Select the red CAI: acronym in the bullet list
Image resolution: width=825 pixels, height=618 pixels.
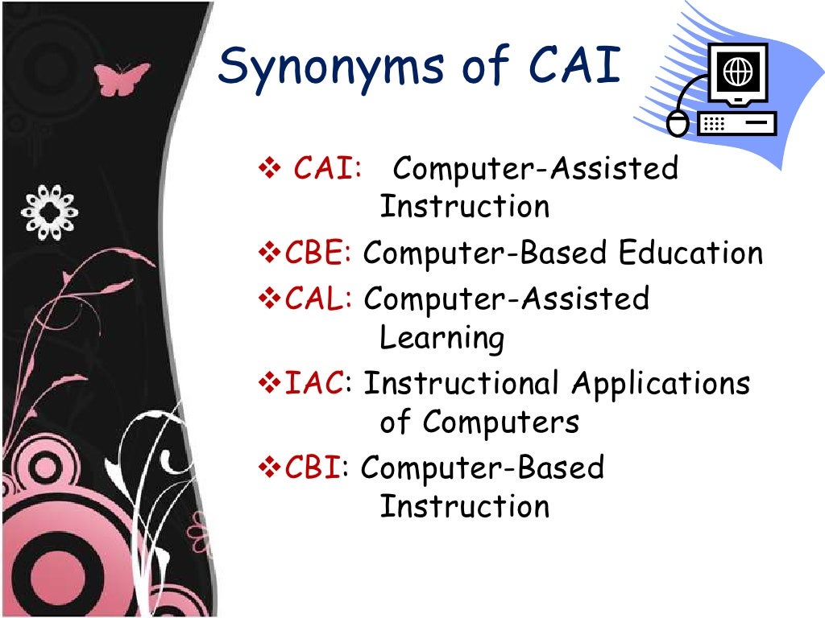click(x=326, y=170)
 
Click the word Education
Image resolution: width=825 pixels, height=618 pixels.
click(x=690, y=254)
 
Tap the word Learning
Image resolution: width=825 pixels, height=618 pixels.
click(x=442, y=340)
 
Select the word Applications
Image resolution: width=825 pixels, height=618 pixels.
click(x=661, y=385)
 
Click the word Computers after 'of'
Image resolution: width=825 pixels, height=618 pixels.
click(x=500, y=422)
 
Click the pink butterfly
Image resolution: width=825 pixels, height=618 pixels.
click(x=122, y=78)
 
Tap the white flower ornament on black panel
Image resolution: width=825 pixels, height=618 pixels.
click(x=50, y=212)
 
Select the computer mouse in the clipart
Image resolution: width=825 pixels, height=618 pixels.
click(x=678, y=123)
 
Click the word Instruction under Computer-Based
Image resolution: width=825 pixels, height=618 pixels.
click(x=464, y=507)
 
